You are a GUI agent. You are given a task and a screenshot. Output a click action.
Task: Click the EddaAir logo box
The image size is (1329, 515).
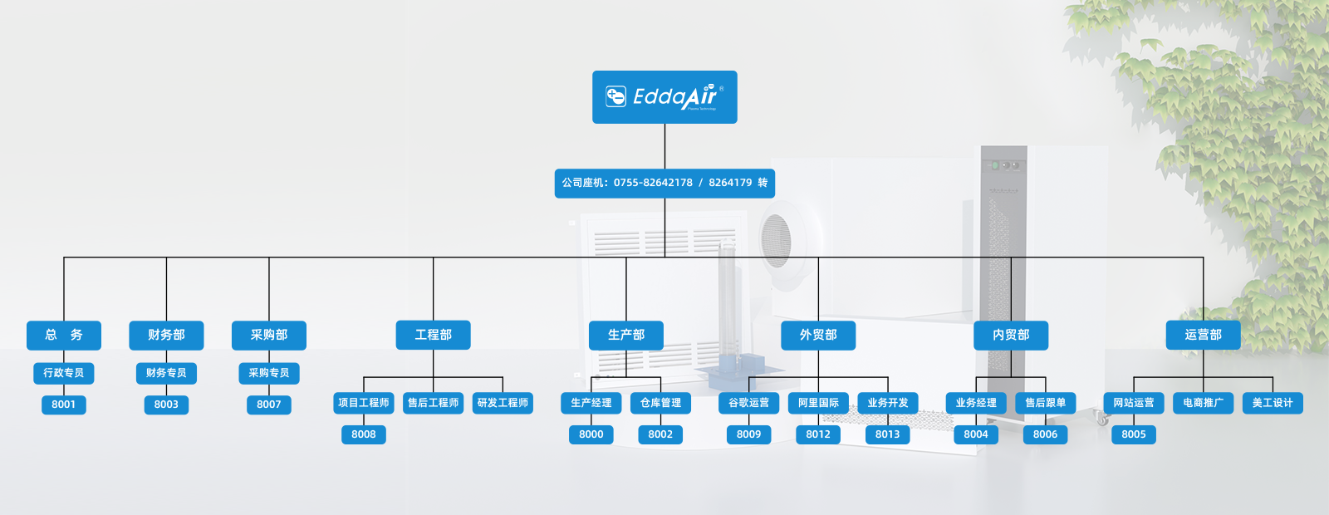[664, 97]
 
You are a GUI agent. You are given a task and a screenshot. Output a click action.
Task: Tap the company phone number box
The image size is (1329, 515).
[664, 183]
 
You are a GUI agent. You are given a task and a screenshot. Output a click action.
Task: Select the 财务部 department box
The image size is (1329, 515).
[166, 335]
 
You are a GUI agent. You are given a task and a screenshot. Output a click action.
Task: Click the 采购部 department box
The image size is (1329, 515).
[269, 335]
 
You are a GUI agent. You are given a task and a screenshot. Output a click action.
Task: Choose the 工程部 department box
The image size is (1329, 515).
[434, 335]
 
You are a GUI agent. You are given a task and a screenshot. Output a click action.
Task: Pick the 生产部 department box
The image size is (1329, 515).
[626, 335]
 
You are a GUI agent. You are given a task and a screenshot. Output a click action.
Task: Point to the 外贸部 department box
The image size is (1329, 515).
[818, 335]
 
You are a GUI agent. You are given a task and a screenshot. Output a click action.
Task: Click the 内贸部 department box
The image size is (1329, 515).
[1011, 335]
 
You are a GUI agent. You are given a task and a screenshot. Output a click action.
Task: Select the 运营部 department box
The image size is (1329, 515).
[1203, 335]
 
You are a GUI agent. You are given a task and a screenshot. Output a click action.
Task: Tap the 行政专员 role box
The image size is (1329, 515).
[64, 373]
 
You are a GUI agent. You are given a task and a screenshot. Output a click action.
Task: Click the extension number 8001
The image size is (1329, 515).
[64, 405]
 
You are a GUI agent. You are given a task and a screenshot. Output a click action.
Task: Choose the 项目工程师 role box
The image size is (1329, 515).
[364, 403]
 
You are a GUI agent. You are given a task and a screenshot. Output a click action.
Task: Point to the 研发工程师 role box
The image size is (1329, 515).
[503, 403]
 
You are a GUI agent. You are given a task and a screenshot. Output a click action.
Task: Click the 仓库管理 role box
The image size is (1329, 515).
[660, 403]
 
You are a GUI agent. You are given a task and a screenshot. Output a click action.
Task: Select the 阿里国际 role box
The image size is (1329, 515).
[818, 403]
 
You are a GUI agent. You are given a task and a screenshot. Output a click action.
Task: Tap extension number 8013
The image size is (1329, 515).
[887, 434]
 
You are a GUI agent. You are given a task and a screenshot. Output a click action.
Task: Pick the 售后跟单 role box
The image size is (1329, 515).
[1045, 403]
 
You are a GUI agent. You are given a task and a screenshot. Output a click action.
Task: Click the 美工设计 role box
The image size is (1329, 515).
[1273, 403]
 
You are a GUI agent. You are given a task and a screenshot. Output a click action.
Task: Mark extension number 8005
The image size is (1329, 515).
[1134, 434]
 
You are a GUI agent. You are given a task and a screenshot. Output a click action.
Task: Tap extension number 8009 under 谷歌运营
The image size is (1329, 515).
[748, 434]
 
